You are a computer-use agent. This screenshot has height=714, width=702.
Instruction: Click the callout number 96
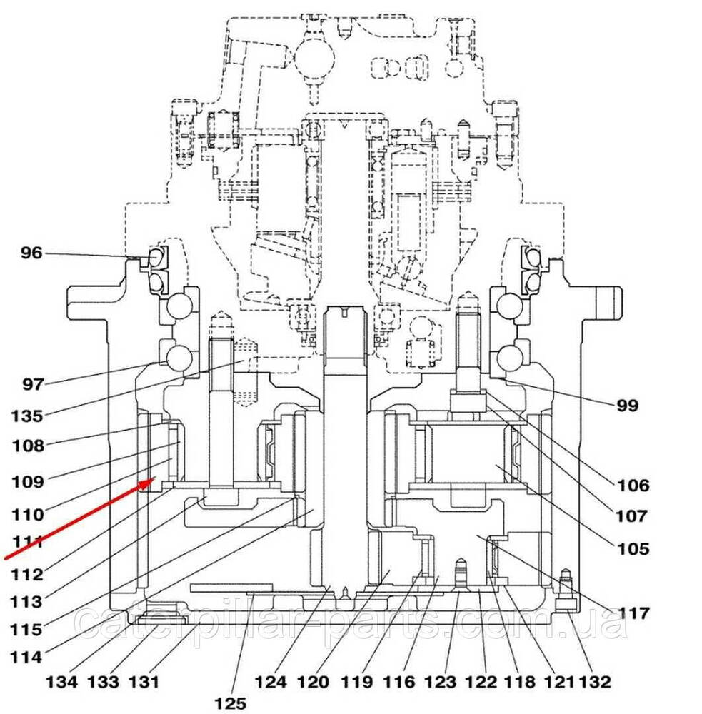[31, 252]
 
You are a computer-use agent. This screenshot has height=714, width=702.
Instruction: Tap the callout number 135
[27, 415]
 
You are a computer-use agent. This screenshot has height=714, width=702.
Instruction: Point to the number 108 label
[28, 446]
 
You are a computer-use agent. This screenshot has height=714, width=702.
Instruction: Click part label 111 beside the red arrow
[28, 541]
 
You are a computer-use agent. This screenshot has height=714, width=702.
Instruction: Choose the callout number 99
[627, 406]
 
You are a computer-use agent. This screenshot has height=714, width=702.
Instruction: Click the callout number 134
[62, 682]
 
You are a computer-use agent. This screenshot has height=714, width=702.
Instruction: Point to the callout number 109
[28, 481]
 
